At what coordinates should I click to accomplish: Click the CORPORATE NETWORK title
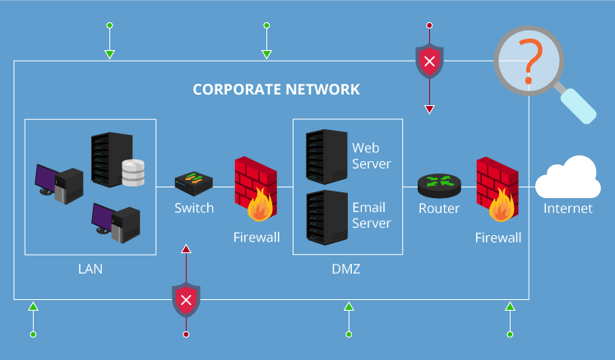tap(276, 89)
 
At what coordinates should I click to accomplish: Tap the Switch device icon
tap(194, 180)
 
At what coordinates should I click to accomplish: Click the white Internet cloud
tap(567, 176)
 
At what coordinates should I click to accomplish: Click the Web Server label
tap(371, 155)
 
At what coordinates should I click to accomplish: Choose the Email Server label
tap(371, 215)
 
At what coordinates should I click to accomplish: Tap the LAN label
tap(90, 269)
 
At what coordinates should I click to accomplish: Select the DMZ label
tap(346, 269)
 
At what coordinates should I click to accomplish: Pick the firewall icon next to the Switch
tap(254, 189)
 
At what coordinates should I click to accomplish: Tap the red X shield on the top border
tap(428, 61)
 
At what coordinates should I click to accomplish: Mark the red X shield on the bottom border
tap(186, 299)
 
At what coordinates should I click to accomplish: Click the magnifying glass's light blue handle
tap(578, 105)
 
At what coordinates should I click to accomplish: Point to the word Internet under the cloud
tap(567, 209)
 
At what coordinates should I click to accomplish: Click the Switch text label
tap(194, 208)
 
